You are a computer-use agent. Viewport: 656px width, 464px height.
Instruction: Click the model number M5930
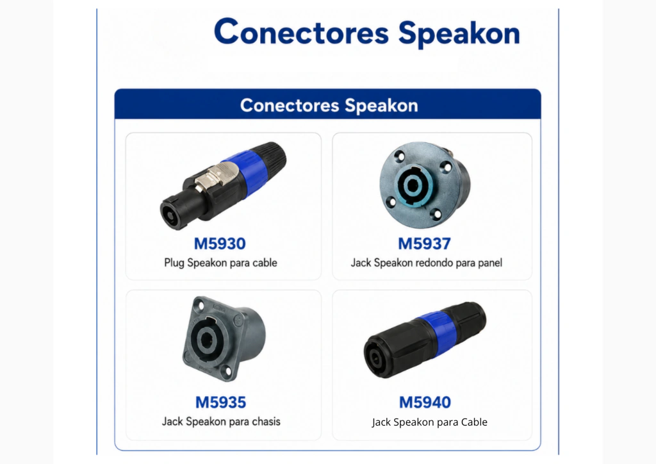point(220,244)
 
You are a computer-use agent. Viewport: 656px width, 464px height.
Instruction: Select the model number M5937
point(424,244)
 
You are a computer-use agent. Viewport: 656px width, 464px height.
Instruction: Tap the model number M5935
point(220,402)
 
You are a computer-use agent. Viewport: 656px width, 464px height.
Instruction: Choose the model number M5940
point(425,402)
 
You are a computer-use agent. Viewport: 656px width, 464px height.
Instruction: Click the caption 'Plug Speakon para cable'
point(220,263)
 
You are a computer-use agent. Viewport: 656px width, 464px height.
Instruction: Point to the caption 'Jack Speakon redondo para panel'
point(426,263)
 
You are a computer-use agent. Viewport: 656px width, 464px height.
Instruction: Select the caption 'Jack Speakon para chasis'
point(221,421)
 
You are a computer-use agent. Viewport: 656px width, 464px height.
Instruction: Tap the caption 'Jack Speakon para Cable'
point(430,422)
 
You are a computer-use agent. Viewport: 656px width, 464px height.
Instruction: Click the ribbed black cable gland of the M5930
point(272,158)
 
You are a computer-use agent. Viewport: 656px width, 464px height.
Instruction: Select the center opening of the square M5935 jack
point(206,339)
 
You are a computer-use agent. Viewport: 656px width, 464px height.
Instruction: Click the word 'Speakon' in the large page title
point(459,33)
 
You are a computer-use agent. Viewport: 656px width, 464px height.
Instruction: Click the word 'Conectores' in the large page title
point(301,31)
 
